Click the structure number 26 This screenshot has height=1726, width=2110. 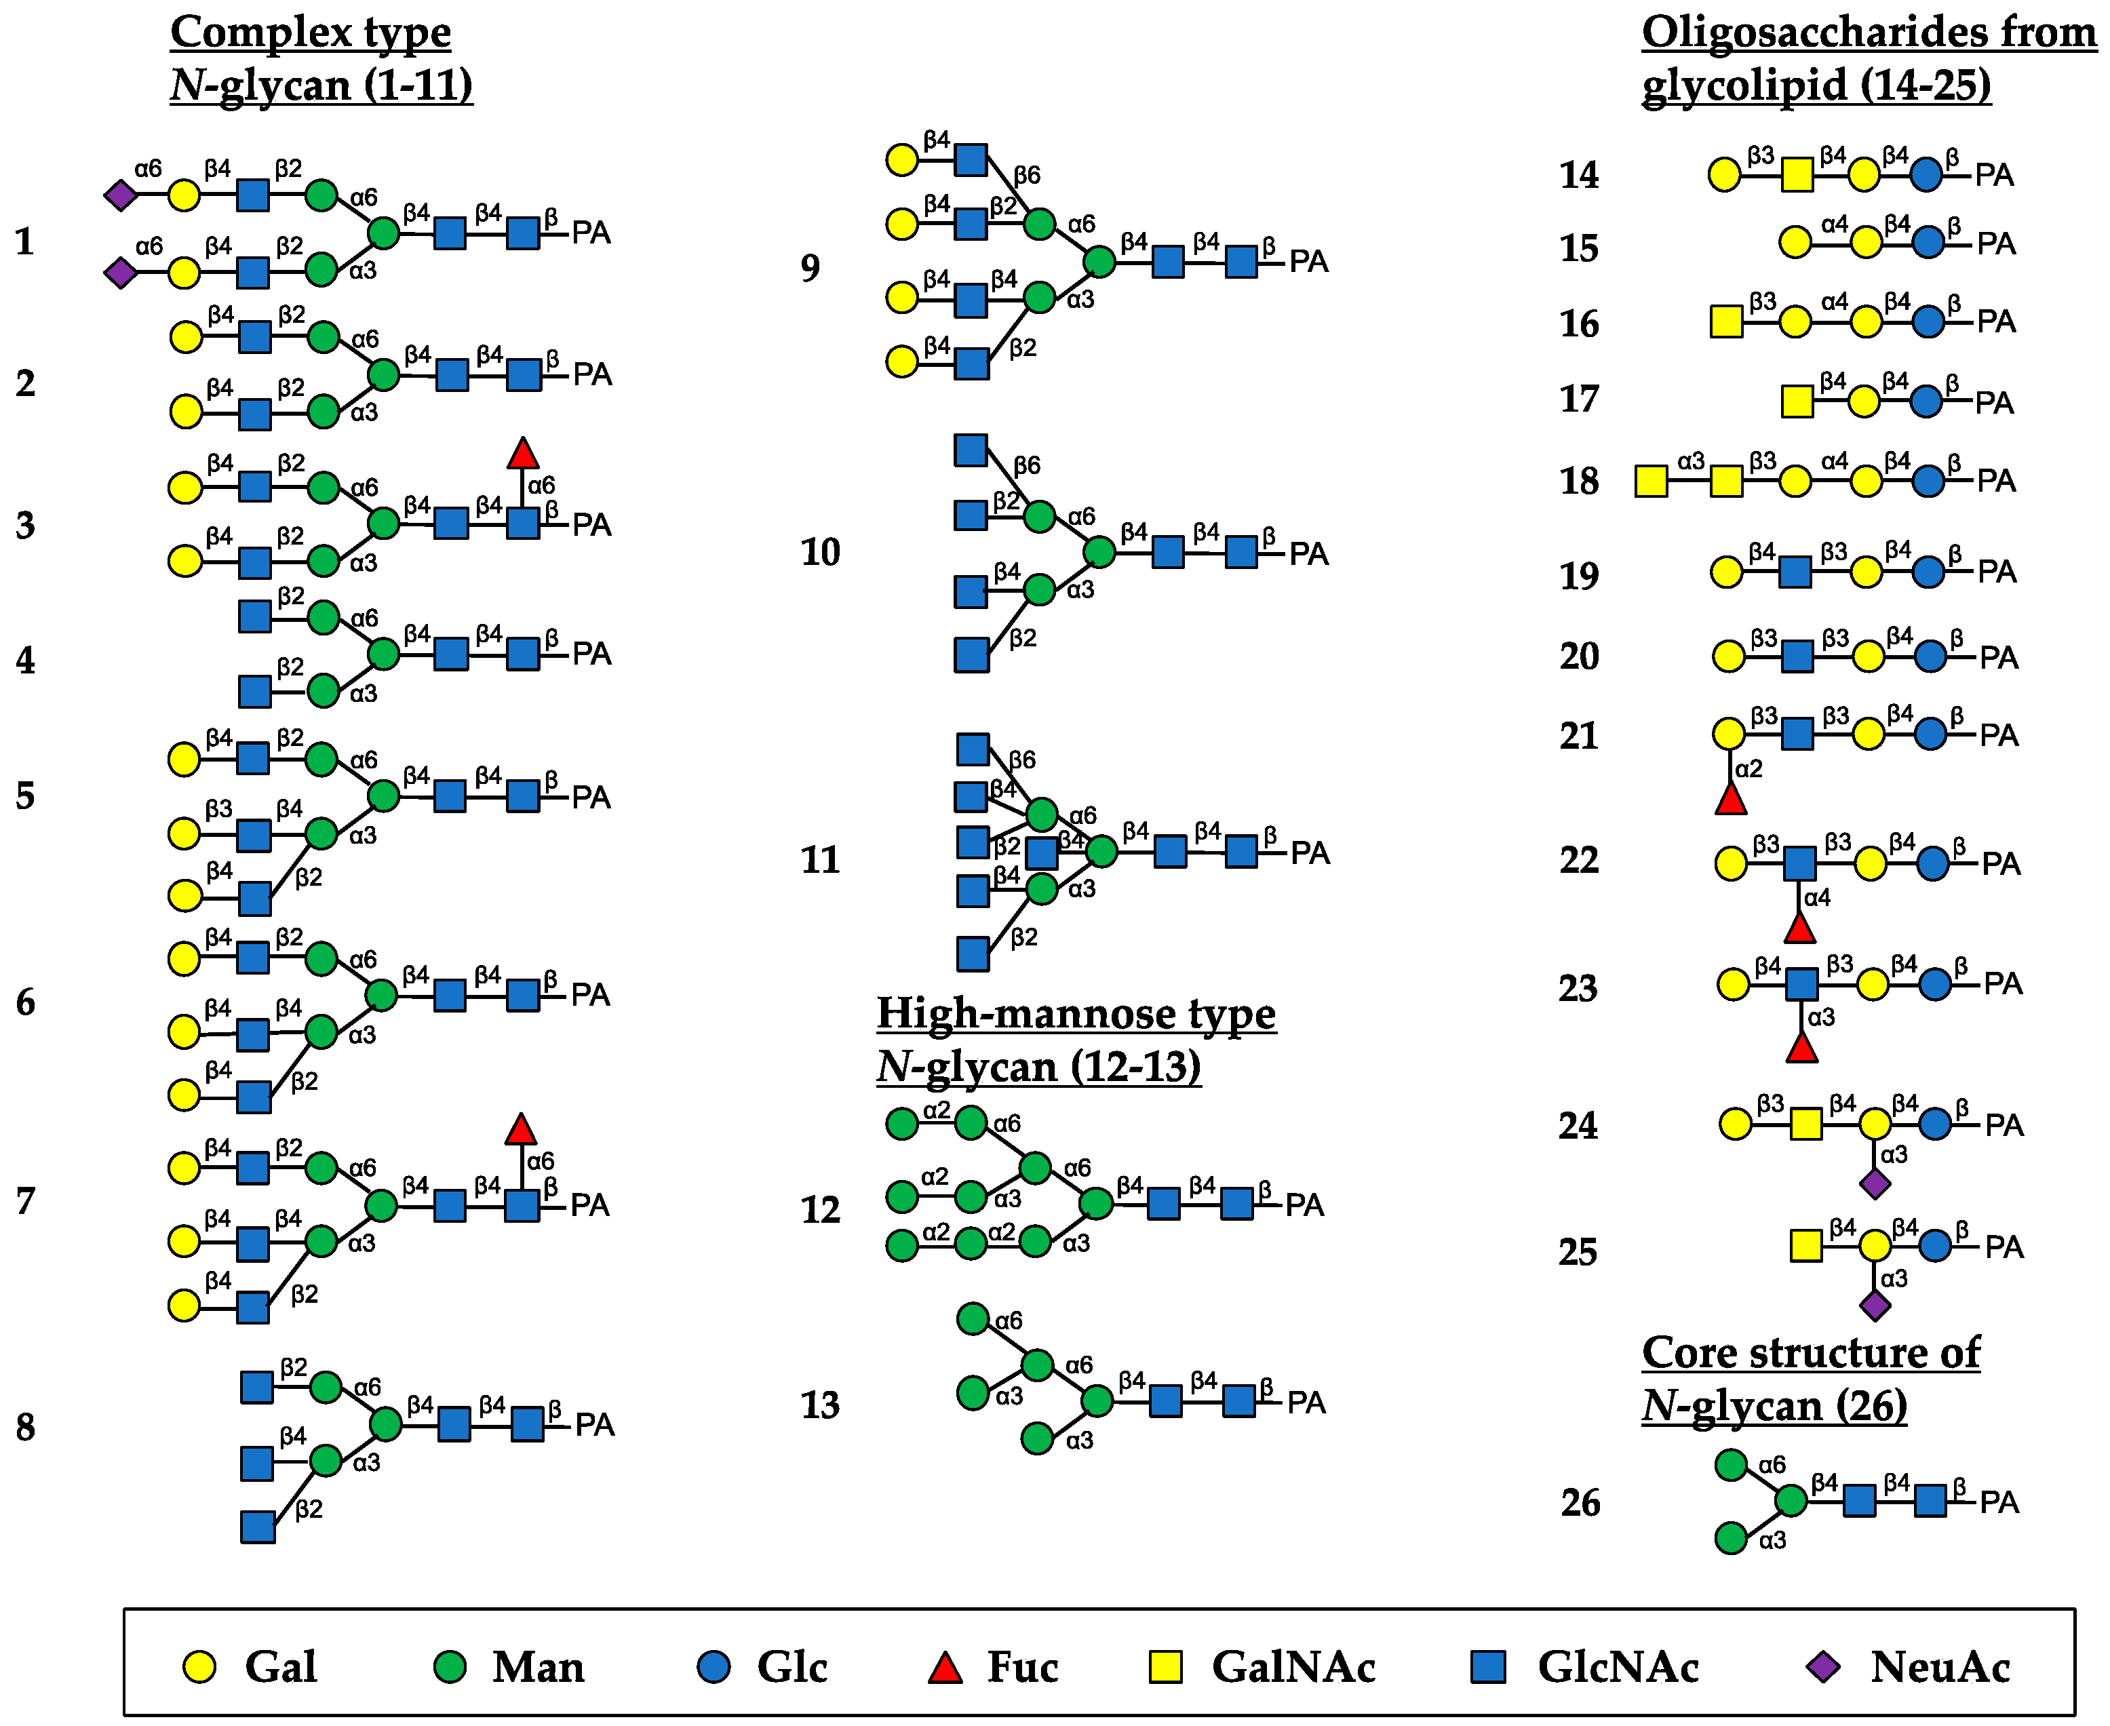point(1580,1502)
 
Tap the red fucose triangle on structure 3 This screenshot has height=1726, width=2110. point(523,454)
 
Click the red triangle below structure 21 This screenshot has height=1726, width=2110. point(1731,800)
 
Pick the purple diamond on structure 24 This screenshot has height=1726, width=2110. point(1875,1184)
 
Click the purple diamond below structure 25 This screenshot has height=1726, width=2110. point(1875,1306)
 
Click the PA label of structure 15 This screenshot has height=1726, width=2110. point(1995,243)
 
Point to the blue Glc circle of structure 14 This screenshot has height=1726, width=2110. point(1926,175)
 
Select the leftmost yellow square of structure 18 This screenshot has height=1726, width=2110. point(1652,482)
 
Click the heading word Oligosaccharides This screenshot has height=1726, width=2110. point(1756,33)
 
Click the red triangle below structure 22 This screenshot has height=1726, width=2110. point(1800,928)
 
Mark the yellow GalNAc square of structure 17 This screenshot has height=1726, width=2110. point(1797,401)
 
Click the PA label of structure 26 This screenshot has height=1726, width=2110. point(1999,1502)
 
